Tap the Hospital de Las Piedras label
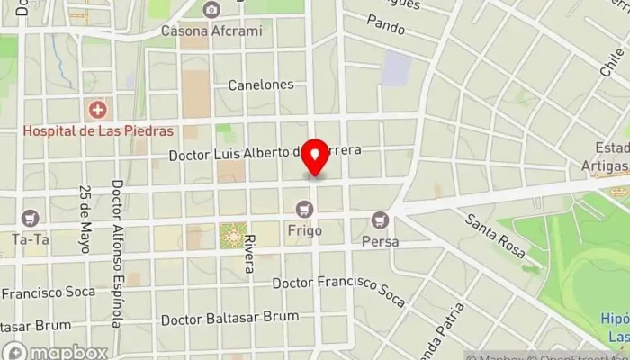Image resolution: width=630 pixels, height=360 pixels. pyautogui.click(x=97, y=130)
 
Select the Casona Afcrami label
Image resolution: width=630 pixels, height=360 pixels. pyautogui.click(x=211, y=31)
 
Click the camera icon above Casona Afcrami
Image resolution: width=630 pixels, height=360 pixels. pyautogui.click(x=211, y=10)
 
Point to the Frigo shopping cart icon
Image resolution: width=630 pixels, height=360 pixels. pyautogui.click(x=304, y=210)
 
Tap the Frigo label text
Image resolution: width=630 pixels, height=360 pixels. pyautogui.click(x=304, y=230)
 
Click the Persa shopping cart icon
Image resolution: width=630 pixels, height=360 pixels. pyautogui.click(x=380, y=220)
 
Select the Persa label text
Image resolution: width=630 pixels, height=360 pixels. pyautogui.click(x=380, y=241)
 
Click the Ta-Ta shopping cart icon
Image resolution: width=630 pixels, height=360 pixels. pyautogui.click(x=31, y=218)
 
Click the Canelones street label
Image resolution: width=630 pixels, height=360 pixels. pyautogui.click(x=261, y=85)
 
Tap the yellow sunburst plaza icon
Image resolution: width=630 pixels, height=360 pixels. pyautogui.click(x=232, y=237)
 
